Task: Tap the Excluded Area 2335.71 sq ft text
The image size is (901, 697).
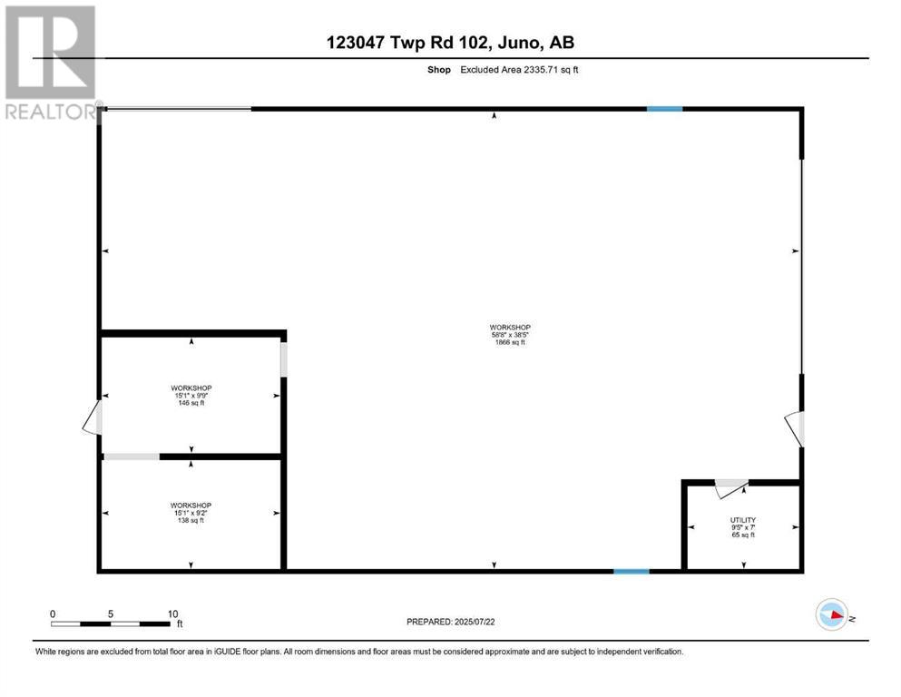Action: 519,69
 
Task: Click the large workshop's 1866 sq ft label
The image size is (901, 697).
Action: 509,342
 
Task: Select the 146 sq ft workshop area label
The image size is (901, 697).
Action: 191,403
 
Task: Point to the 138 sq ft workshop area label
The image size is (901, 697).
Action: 191,520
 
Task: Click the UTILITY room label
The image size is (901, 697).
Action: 743,520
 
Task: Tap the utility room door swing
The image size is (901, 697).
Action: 729,489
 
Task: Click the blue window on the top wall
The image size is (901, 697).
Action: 664,109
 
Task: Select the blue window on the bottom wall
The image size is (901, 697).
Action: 632,572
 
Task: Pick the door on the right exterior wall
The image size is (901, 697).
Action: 795,427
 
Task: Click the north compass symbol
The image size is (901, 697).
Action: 831,615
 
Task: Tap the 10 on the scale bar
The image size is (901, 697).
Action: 171,614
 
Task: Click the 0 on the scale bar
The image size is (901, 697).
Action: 53,614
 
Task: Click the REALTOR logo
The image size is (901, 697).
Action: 51,64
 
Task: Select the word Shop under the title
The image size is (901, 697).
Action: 439,69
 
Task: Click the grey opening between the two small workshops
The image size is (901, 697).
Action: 132,456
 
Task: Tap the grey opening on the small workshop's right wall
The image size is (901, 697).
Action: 284,359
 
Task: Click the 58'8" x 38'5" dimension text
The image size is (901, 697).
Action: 509,334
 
